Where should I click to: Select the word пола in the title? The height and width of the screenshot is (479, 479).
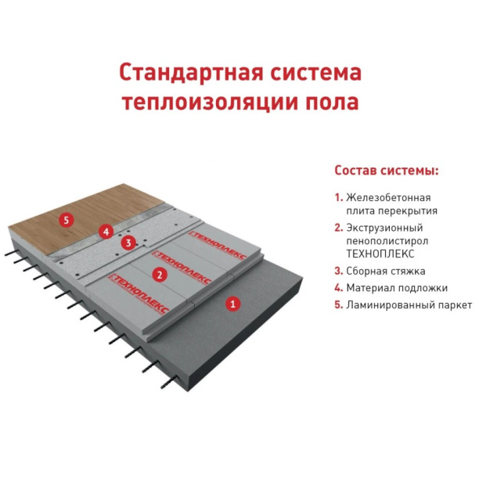coord(327,103)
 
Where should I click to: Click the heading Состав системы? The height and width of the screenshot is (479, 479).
coord(386,170)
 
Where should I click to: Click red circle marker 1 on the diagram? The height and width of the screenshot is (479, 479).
coord(232,302)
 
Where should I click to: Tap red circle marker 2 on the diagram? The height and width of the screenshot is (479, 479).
coord(159,275)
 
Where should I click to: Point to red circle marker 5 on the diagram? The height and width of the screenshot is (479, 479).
coord(67,220)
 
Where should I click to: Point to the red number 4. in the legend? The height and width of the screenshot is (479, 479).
coord(338,288)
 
